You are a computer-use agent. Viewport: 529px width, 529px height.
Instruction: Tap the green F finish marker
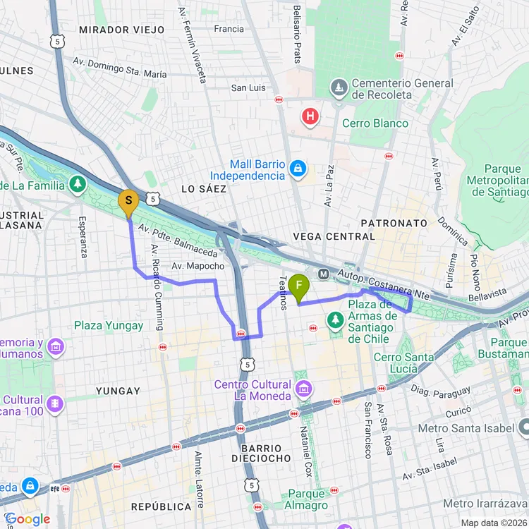coord(299,286)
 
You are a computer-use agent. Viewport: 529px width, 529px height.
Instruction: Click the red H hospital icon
coord(309,116)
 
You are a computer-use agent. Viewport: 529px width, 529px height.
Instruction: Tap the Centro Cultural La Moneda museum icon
coord(304,389)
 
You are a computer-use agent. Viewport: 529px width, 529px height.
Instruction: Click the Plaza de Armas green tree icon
coord(335,321)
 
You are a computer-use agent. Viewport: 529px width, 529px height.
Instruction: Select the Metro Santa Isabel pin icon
coord(523,427)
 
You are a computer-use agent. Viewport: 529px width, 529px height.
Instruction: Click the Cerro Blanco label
coord(375,123)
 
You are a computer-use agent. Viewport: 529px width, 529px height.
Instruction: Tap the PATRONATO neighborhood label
coord(394,223)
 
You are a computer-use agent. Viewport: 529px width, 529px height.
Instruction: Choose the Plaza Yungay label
coord(109,326)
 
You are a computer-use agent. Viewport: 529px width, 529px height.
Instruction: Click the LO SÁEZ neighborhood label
coord(204,189)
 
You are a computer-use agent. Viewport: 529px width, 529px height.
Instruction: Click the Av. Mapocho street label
coord(197,266)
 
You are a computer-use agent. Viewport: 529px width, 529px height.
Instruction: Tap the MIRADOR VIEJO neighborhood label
coord(121,30)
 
